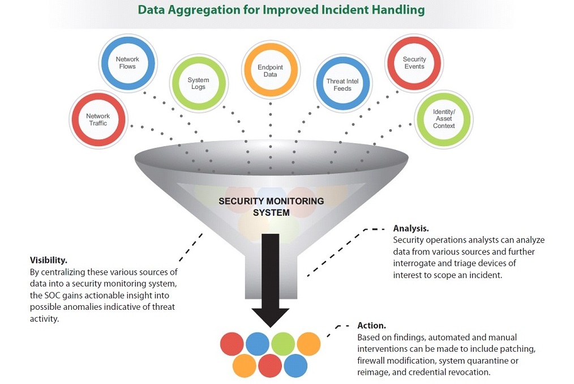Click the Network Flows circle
[x=127, y=62]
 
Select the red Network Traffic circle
[x=98, y=120]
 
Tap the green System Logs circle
[x=198, y=83]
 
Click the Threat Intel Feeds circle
[x=342, y=84]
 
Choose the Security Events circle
[x=414, y=62]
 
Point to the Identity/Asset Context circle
[x=444, y=119]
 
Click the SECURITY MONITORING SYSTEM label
[x=271, y=207]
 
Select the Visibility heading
[x=49, y=261]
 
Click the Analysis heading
[x=410, y=229]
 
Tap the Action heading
[x=372, y=326]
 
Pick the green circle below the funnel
[x=283, y=343]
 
